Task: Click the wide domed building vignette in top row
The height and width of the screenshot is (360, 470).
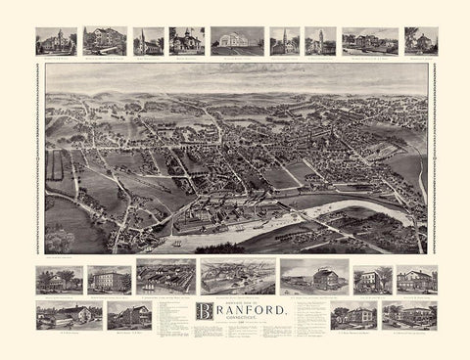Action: click(x=237, y=40)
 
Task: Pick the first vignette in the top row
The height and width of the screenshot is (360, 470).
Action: click(x=56, y=41)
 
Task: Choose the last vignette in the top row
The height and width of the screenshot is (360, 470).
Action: click(x=421, y=41)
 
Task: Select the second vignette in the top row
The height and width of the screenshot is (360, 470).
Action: click(x=105, y=40)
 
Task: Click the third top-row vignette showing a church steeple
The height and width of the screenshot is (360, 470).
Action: click(x=149, y=41)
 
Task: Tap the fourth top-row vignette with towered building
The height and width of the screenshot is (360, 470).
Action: click(x=187, y=40)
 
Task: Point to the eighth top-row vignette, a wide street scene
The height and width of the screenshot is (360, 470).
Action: click(x=370, y=41)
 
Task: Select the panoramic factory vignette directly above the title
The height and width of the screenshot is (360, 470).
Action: click(x=238, y=277)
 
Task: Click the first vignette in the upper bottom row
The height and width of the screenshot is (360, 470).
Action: click(x=59, y=280)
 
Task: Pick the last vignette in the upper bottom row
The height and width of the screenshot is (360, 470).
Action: click(x=416, y=280)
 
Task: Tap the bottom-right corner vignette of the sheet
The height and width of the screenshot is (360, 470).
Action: click(x=409, y=315)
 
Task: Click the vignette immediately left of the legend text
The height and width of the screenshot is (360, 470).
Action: click(x=129, y=315)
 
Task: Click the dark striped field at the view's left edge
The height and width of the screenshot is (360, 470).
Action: click(x=54, y=166)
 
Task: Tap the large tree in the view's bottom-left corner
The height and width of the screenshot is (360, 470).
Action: click(x=60, y=240)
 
